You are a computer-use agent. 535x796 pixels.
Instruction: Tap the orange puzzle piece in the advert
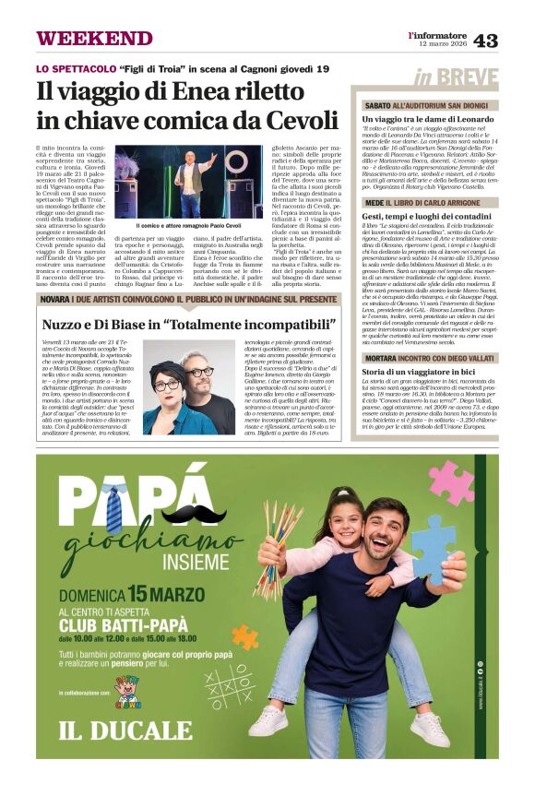coord(244,636)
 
